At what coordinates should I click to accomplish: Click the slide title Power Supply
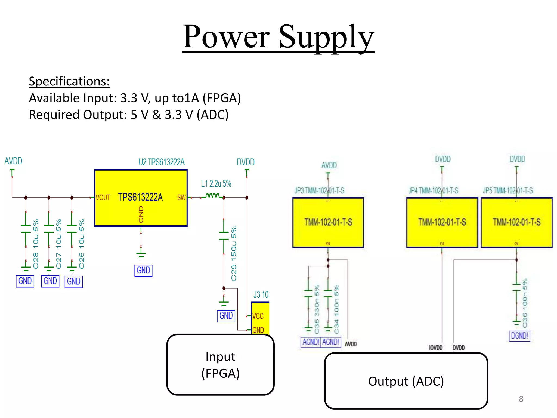[278, 37]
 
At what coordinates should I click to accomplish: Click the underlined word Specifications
[69, 81]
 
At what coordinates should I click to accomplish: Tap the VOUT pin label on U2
[103, 198]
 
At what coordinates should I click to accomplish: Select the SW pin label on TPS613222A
[181, 198]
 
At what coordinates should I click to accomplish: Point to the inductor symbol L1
[212, 196]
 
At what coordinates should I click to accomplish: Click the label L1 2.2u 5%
[216, 184]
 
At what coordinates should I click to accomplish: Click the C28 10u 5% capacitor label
[36, 244]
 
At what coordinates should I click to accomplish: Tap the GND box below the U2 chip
[143, 271]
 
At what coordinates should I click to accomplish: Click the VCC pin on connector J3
[258, 316]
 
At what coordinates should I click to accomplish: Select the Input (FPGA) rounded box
[220, 365]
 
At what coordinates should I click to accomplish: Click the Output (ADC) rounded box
[406, 381]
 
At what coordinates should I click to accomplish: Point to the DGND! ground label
[519, 336]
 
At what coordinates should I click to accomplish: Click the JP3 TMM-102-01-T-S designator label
[319, 190]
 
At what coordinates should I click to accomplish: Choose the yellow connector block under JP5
[516, 223]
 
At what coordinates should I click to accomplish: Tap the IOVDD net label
[435, 348]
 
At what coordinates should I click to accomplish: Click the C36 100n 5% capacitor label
[525, 303]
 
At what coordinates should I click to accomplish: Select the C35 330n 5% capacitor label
[317, 309]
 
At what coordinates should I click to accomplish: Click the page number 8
[521, 399]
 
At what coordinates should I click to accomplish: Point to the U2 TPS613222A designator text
[162, 162]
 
